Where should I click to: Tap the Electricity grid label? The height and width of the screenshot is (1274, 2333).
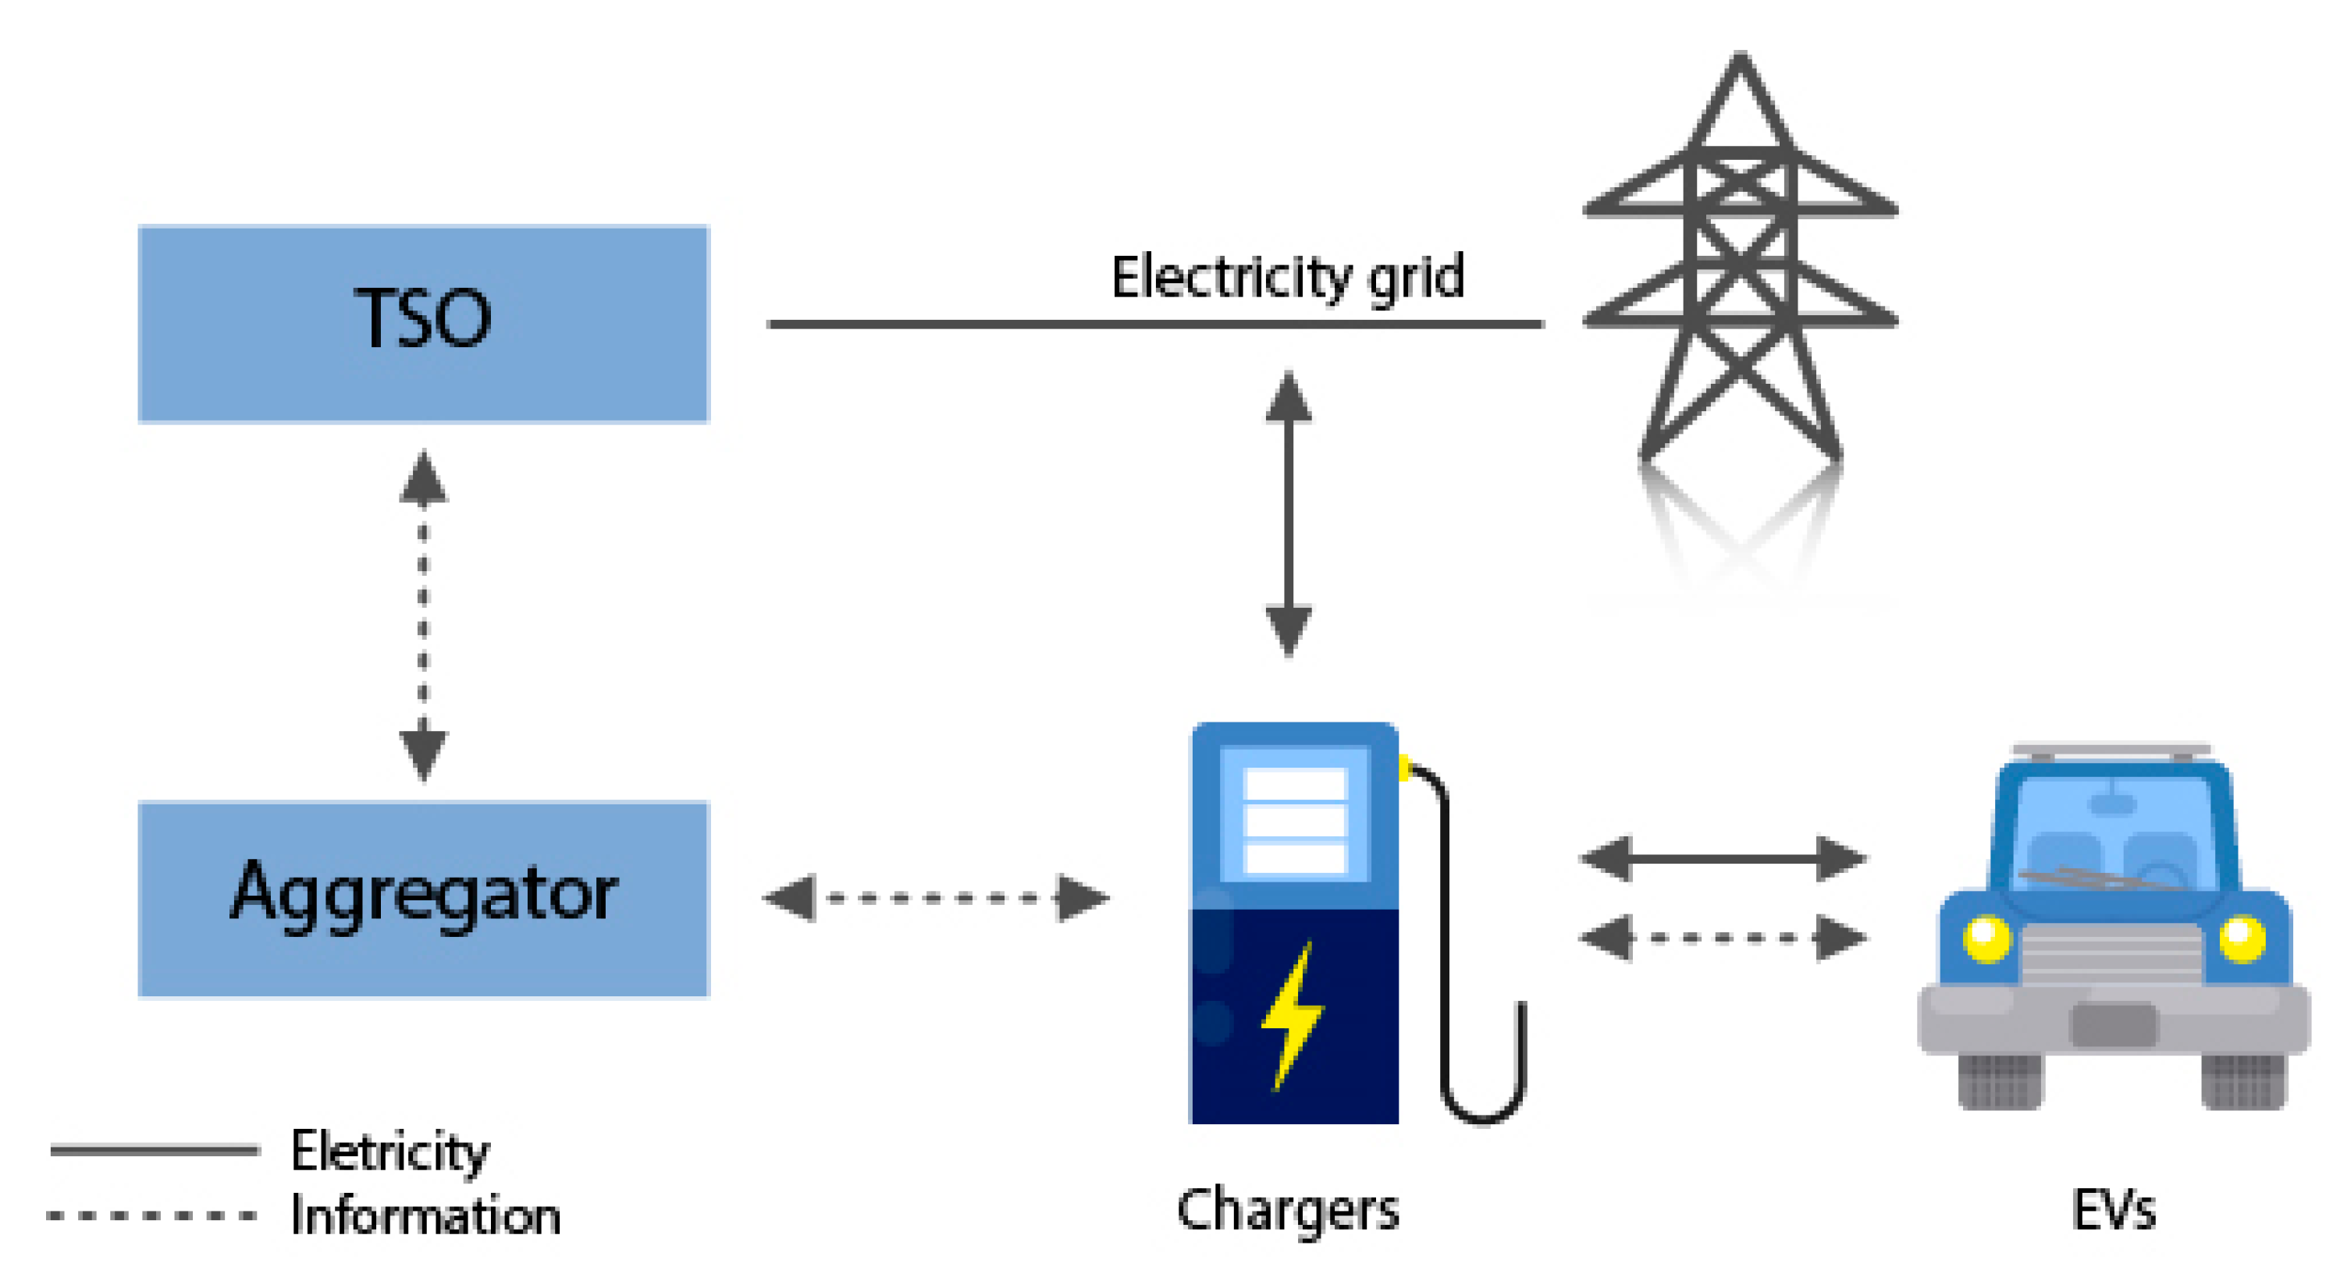click(x=1287, y=278)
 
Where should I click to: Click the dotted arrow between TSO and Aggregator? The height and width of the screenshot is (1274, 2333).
click(x=423, y=615)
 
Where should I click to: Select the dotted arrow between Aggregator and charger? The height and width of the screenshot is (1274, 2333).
click(x=936, y=898)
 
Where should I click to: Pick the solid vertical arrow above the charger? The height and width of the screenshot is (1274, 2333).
click(x=1288, y=513)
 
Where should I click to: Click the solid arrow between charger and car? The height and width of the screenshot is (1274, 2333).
click(x=1723, y=857)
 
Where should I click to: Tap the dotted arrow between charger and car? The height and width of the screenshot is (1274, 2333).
click(x=1723, y=937)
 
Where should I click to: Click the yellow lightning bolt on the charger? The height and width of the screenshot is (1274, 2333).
click(x=1293, y=1014)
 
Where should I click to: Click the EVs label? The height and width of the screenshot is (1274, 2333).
click(x=2113, y=1210)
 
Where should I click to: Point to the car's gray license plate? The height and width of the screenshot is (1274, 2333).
click(x=2114, y=1025)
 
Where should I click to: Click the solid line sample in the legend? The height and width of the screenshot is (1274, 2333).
click(x=154, y=1150)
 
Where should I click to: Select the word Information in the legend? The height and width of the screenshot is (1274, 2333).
click(x=425, y=1215)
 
